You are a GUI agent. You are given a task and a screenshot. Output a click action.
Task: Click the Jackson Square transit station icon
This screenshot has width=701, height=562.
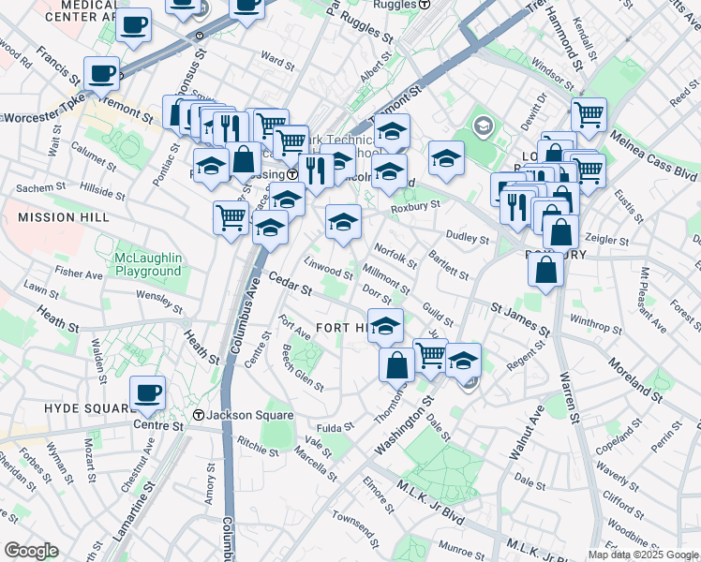199,415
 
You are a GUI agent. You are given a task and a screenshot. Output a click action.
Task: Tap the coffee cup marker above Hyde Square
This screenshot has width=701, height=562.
147,393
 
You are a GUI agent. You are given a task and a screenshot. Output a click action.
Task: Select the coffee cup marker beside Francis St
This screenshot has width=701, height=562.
101,73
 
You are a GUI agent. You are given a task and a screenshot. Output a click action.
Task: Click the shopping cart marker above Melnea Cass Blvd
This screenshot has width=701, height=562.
589,115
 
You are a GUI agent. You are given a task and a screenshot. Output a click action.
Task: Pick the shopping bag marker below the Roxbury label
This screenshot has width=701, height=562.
545,270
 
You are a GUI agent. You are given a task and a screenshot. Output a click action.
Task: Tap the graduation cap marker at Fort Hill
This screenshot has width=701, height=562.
385,326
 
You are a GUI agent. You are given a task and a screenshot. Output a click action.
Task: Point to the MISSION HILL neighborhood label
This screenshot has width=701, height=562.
58,216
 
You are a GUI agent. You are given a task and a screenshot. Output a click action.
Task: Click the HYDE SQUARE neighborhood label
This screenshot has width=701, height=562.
89,408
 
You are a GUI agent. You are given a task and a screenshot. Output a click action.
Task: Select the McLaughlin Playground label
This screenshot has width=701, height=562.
147,264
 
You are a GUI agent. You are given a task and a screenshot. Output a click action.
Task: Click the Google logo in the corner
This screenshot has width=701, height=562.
31,550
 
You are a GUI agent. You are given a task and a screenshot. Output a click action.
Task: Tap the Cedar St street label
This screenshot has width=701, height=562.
290,284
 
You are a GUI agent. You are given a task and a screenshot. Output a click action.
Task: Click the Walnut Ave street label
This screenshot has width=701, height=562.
528,434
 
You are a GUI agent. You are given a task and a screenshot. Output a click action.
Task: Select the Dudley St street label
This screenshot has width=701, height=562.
468,239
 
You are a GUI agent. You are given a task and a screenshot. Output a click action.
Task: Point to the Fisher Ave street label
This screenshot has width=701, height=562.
79,274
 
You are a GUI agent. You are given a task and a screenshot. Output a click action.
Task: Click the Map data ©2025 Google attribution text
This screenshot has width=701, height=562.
643,555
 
